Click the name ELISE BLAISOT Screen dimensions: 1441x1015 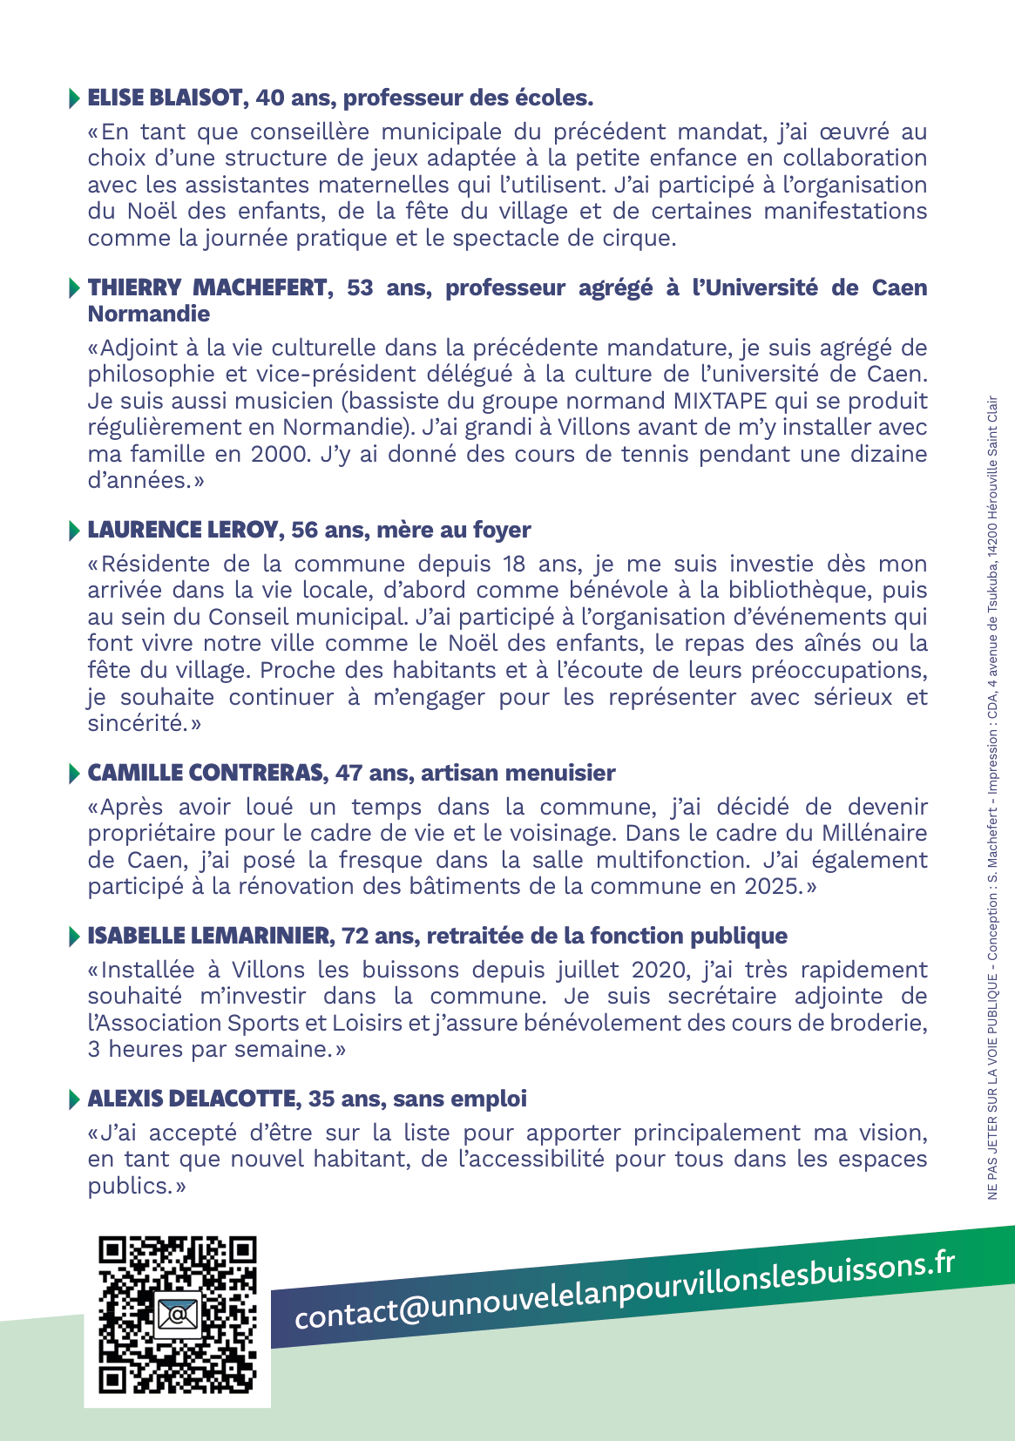[x=166, y=98]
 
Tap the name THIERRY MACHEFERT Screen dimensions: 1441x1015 [x=207, y=288]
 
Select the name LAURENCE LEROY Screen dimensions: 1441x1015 [x=183, y=530]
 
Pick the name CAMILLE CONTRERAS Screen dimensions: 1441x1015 [x=206, y=773]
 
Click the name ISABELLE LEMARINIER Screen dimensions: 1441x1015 [x=209, y=936]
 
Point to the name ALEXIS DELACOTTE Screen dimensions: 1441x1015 [x=192, y=1099]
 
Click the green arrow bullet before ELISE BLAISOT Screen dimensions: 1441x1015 [x=74, y=98]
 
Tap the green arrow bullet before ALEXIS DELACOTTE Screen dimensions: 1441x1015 [x=74, y=1099]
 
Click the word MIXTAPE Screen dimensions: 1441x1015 [x=720, y=401]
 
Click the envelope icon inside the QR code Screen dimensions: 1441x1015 [x=177, y=1313]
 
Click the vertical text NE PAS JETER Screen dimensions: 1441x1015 [x=992, y=1163]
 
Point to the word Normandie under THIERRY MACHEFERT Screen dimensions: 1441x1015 [x=149, y=314]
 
